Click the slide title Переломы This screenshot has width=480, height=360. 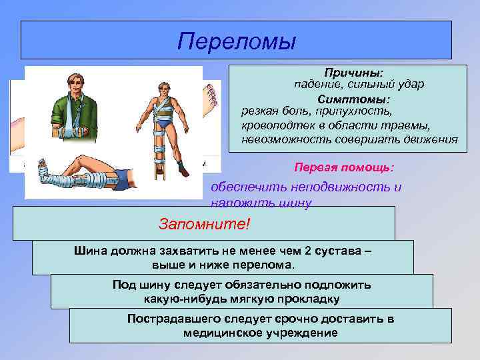click(236, 41)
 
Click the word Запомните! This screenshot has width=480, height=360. click(204, 223)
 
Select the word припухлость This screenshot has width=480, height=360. click(360, 111)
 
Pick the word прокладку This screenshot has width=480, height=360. click(307, 298)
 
